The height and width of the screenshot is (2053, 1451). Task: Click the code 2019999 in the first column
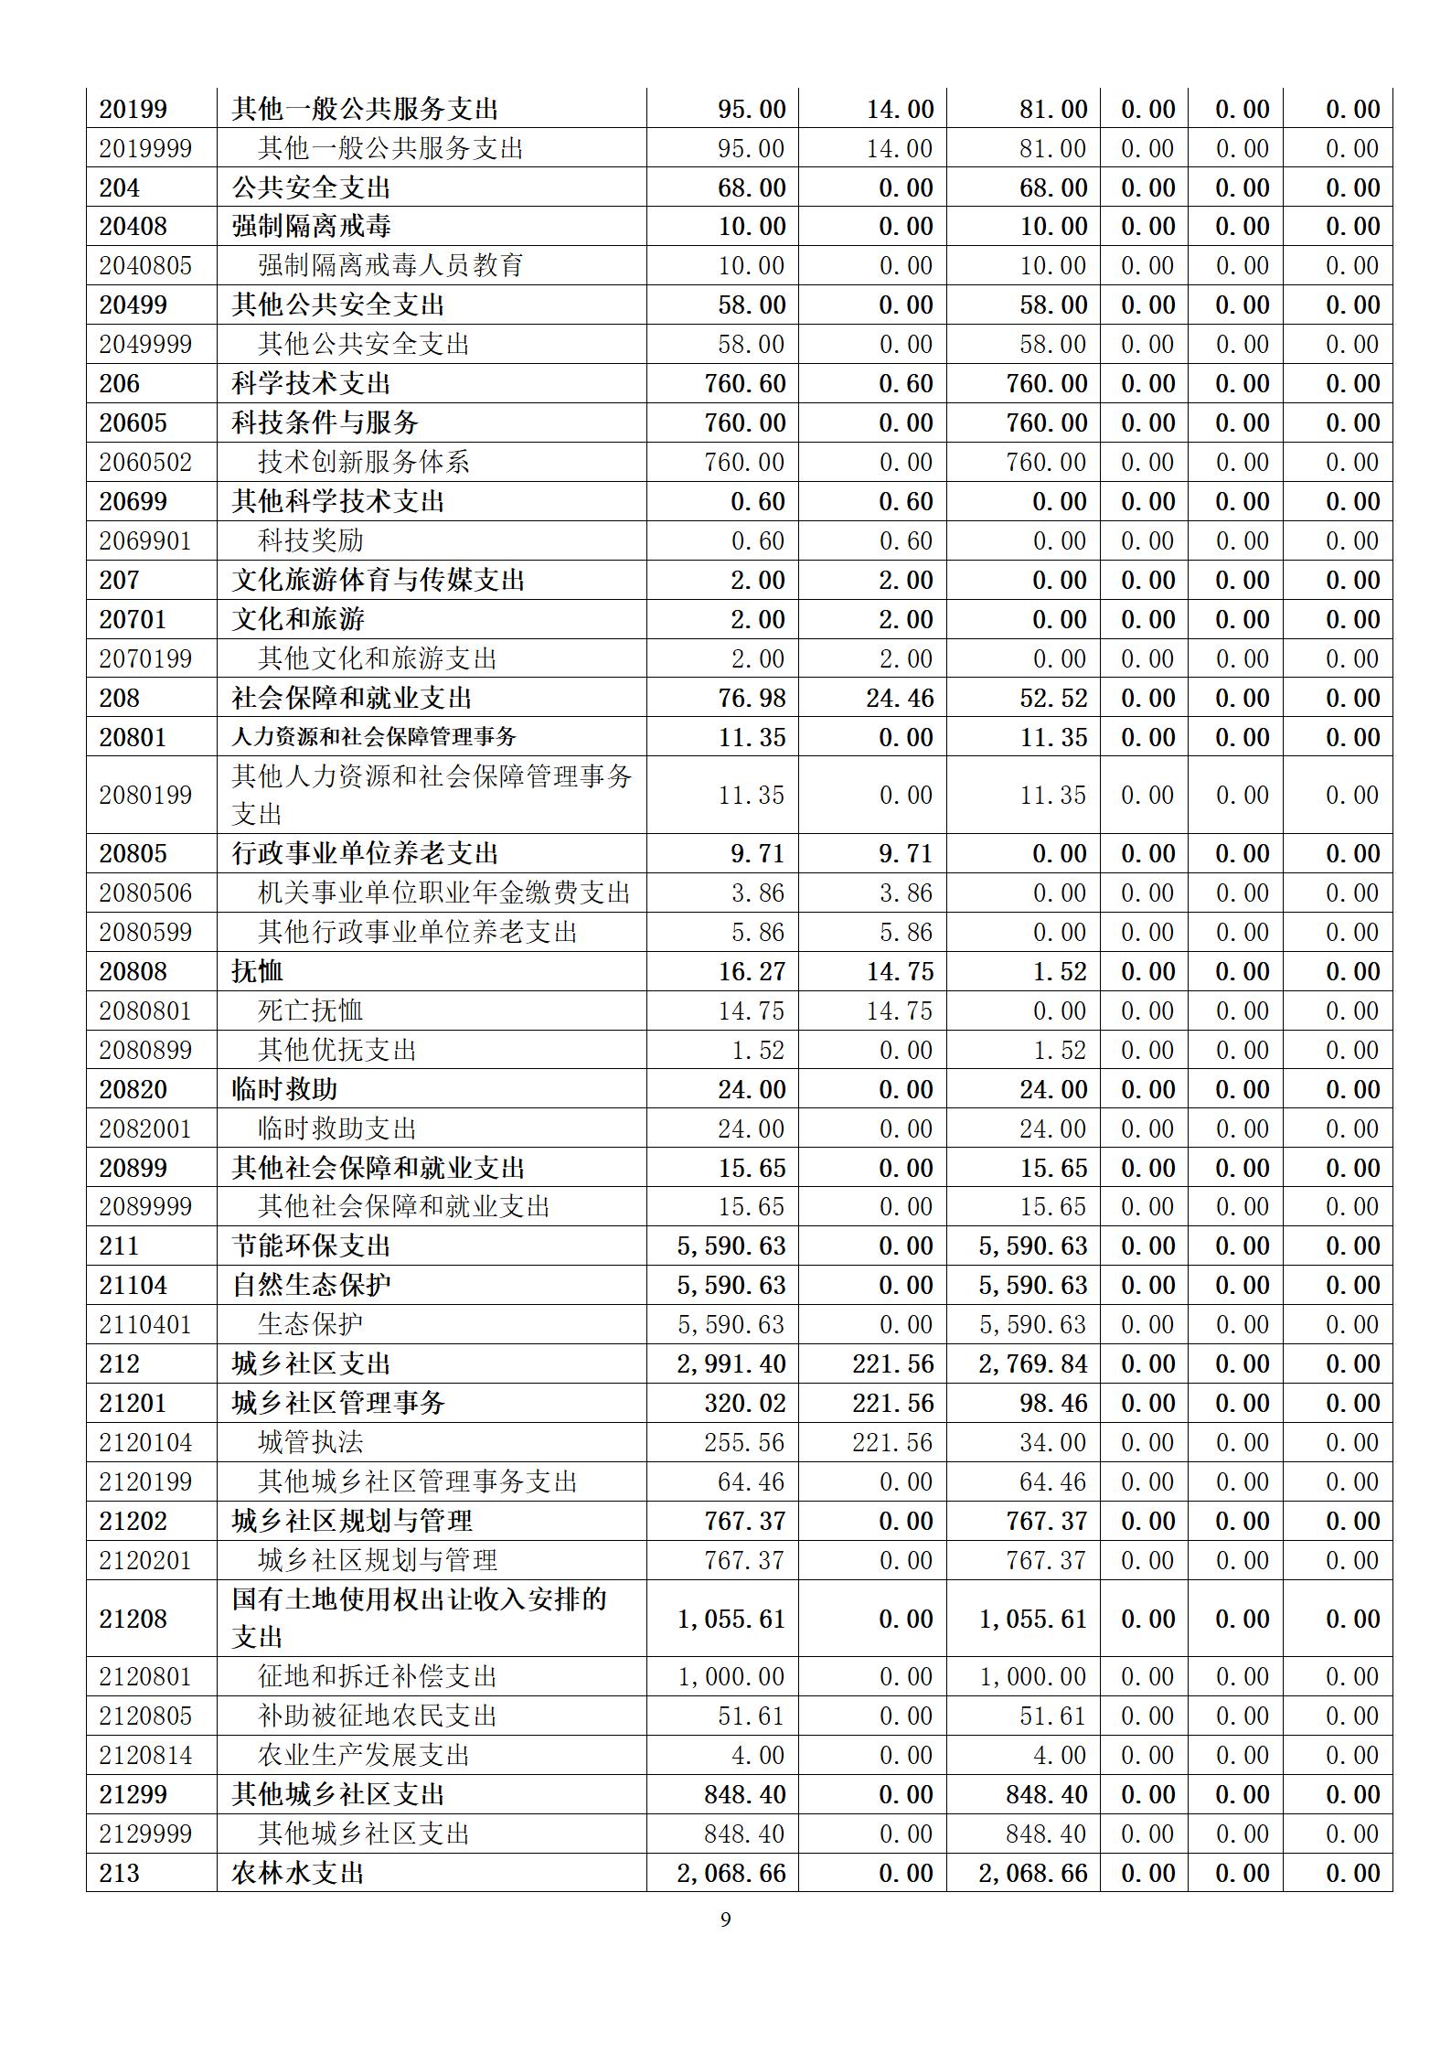(x=145, y=148)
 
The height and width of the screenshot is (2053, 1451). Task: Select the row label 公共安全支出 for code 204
(x=311, y=187)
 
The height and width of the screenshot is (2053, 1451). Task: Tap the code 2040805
(x=145, y=266)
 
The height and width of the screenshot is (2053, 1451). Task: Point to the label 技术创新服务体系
(x=364, y=462)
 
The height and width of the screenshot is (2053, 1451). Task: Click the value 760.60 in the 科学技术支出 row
(x=744, y=384)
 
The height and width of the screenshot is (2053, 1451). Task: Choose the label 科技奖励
(x=311, y=540)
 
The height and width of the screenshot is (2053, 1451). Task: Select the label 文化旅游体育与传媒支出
(x=378, y=580)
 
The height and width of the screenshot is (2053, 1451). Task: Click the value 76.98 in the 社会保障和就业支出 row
(x=752, y=698)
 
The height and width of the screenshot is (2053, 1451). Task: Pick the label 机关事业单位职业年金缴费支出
(x=444, y=893)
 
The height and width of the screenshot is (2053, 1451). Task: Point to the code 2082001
(x=145, y=1128)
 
